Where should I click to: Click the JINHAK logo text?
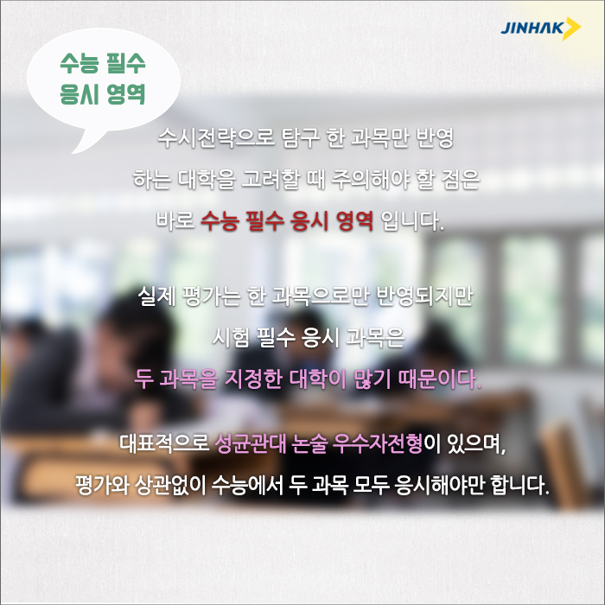[x=532, y=29]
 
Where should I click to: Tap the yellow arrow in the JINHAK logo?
[x=572, y=29]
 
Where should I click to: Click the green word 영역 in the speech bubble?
[x=126, y=93]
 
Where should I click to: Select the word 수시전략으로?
[x=216, y=137]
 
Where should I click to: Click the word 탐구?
[x=301, y=137]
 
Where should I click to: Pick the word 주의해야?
[x=370, y=180]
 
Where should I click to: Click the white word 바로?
[x=175, y=220]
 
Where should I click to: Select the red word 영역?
[x=354, y=221]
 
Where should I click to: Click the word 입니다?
[x=412, y=221]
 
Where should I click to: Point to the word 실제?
[x=157, y=296]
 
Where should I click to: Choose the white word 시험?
[x=231, y=337]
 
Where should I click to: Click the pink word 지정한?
[x=252, y=379]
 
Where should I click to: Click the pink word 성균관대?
[x=251, y=443]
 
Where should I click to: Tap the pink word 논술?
[x=309, y=443]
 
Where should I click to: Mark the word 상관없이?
[x=170, y=485]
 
